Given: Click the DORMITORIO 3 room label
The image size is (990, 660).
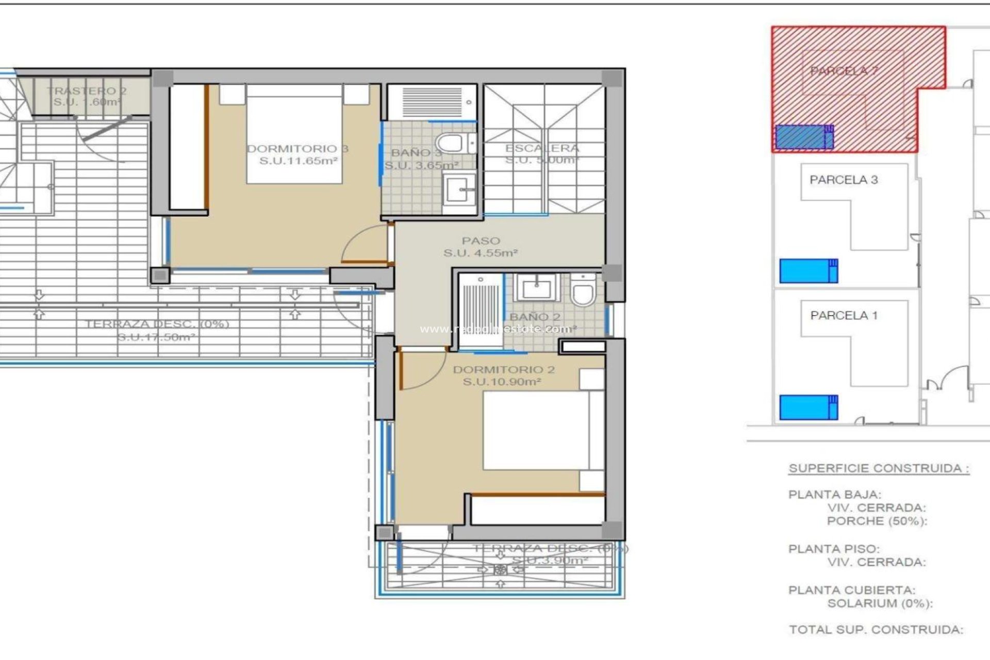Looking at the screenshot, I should point(298,149).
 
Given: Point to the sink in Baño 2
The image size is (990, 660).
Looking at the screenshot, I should point(536,288).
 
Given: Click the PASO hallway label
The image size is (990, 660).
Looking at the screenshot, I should point(481,241).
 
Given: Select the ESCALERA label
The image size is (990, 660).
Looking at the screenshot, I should point(542,148).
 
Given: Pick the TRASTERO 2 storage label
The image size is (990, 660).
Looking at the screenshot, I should point(87,91).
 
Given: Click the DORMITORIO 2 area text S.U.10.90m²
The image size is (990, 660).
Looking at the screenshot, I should point(501,382).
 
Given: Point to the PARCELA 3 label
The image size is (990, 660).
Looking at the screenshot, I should point(844,180).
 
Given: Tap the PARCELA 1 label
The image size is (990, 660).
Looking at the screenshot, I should point(844,316).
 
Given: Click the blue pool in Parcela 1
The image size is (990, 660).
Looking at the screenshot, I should point(807,407).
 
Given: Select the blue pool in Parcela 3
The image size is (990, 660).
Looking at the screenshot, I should point(807,271).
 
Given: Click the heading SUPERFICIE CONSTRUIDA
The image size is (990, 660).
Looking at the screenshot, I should point(879,469).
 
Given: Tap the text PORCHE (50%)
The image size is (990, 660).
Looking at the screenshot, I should point(877,521).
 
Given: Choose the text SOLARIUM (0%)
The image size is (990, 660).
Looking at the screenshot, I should point(880,603).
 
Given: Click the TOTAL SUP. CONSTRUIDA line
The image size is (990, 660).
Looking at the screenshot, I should point(876,630).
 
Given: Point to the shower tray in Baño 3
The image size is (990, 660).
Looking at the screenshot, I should point(432,101).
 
